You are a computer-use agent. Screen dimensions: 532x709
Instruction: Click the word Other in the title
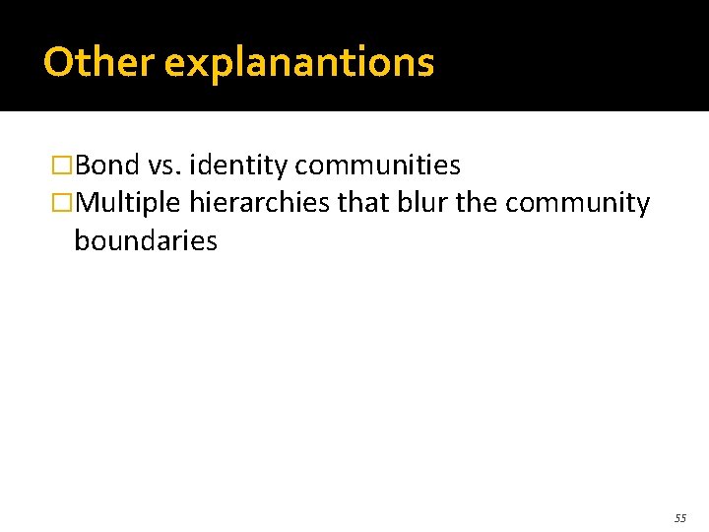98,63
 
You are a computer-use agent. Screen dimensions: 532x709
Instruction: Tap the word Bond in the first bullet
107,165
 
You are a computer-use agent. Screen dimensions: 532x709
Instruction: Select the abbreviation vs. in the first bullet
163,165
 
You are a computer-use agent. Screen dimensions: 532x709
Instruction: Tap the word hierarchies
260,204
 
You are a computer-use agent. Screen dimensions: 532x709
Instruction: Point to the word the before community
479,203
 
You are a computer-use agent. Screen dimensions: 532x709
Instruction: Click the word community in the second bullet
577,204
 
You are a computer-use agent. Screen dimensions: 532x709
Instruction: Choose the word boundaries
146,241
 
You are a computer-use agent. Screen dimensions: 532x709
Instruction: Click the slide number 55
680,518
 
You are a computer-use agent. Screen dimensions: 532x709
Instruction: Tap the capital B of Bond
83,165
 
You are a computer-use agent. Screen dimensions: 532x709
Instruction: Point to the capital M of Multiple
87,204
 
